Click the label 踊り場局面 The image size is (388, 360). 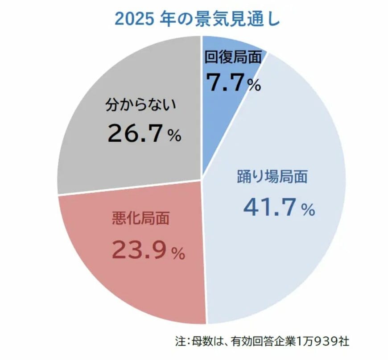click(x=272, y=177)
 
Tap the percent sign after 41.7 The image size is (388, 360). click(x=308, y=210)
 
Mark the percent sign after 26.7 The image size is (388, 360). click(x=174, y=136)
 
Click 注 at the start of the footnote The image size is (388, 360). click(x=180, y=342)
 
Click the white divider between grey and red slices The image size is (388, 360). click(x=129, y=187)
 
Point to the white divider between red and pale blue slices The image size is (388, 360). click(x=204, y=250)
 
